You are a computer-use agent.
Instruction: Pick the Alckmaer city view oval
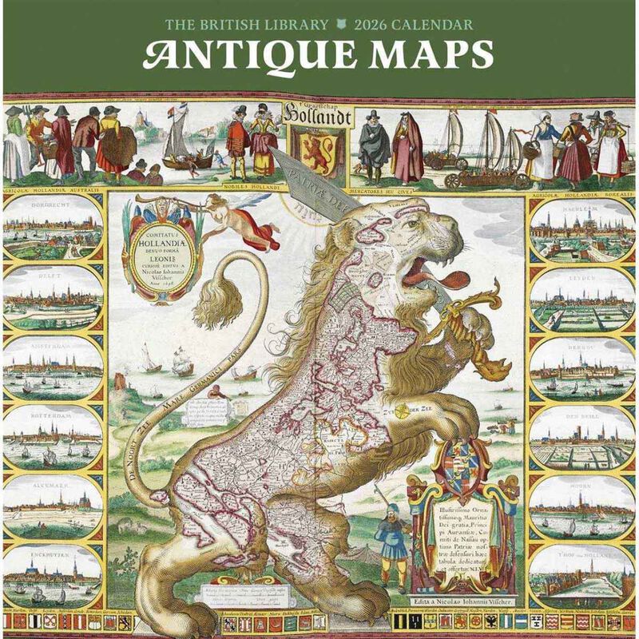tap(53, 506)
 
